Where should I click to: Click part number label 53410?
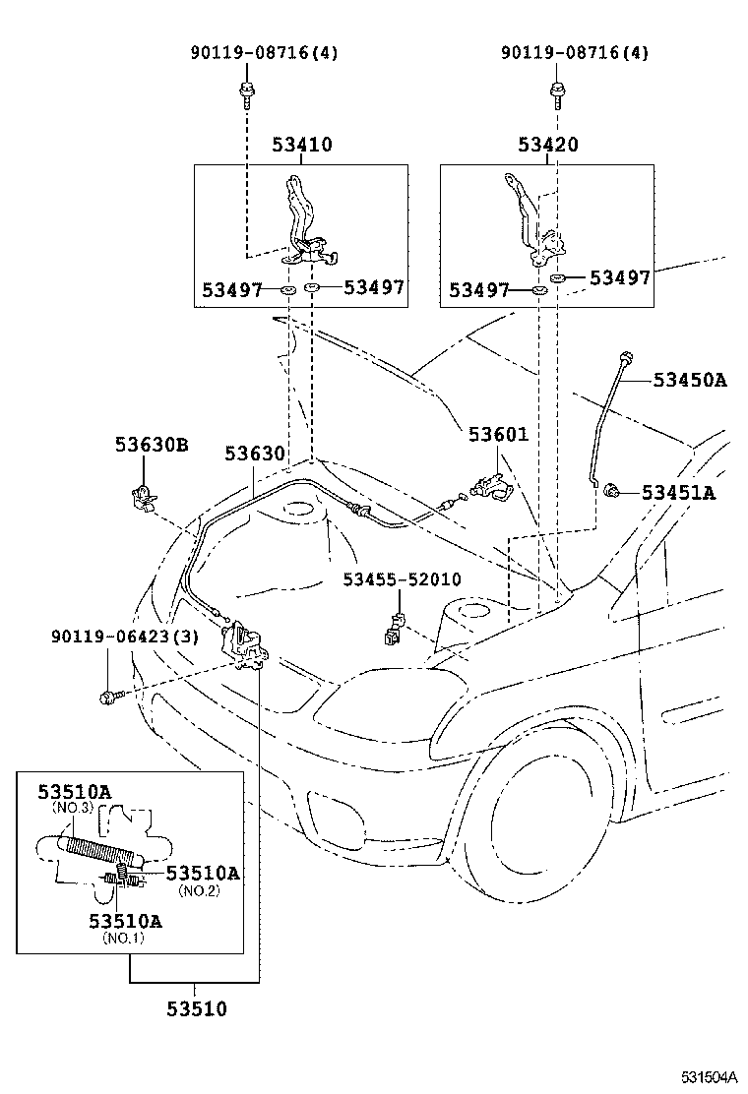click(302, 145)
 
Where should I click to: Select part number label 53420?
click(548, 145)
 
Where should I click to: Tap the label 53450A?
click(689, 380)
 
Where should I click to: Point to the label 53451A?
click(679, 492)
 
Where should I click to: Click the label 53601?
click(498, 434)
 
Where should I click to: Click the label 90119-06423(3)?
click(125, 637)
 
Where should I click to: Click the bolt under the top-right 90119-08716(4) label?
click(557, 94)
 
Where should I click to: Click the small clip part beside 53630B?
click(140, 494)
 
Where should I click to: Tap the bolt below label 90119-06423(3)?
click(107, 698)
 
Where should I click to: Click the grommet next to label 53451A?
click(613, 489)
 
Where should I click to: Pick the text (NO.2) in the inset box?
click(198, 890)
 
